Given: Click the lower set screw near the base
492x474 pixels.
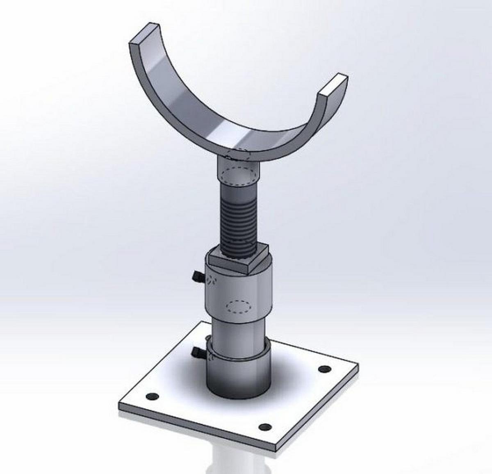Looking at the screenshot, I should point(197,352).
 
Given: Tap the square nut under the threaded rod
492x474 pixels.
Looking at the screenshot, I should point(238,262).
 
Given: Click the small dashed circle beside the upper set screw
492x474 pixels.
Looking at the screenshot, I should point(211,280).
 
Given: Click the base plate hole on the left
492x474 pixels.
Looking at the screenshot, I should point(152,397).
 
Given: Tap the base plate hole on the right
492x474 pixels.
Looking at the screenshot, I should point(324,369).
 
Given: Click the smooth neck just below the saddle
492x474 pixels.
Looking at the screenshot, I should point(238,172).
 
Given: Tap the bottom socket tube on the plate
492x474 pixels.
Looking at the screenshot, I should point(238,377).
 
